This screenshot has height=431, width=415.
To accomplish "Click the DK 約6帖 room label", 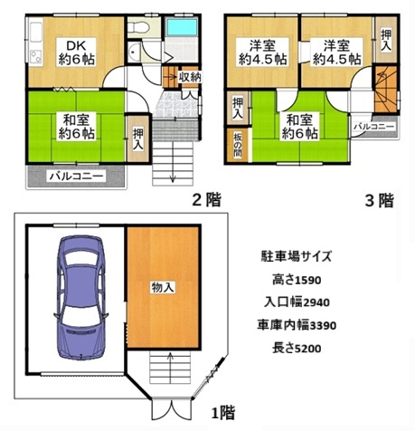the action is click(76, 53).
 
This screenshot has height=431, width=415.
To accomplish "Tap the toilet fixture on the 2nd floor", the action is click(138, 27).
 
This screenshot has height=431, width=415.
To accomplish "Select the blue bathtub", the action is click(182, 27).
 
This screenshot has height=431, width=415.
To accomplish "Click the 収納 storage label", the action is click(190, 78).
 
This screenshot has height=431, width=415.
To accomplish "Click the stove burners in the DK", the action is click(35, 56).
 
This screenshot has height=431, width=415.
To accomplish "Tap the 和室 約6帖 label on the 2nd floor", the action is click(76, 127).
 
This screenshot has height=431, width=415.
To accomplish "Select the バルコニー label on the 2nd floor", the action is click(76, 177).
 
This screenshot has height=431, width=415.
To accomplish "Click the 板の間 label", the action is click(238, 145).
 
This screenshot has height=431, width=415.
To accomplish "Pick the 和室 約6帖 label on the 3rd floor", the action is click(299, 127).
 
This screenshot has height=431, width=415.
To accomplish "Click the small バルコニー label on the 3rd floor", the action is click(373, 127).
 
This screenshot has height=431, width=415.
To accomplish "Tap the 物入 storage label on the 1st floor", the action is click(163, 287).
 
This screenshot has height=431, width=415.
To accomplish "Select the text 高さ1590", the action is click(297, 280).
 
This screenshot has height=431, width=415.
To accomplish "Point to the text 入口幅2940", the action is click(297, 302).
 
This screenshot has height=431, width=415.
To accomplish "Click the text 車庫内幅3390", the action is click(297, 325).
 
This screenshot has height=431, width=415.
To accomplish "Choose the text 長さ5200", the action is click(297, 349).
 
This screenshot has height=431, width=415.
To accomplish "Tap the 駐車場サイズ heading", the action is click(297, 256).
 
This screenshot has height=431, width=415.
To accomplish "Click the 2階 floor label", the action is click(207, 199).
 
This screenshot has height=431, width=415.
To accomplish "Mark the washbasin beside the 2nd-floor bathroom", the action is click(133, 53).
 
